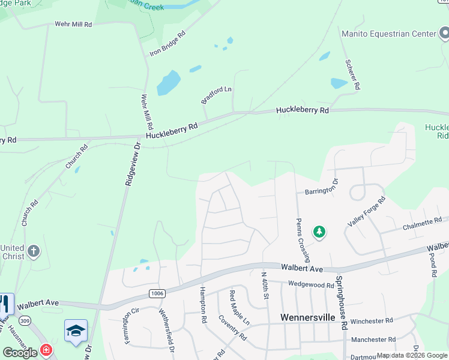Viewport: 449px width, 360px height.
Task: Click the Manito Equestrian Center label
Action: click(x=388, y=34)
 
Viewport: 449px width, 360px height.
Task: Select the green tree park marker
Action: click(x=319, y=232)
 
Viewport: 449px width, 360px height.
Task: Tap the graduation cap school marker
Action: click(x=76, y=331)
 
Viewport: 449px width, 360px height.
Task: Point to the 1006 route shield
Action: click(x=157, y=293)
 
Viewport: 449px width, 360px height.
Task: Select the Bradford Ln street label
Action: click(x=216, y=95)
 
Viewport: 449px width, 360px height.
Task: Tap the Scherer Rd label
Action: click(x=352, y=74)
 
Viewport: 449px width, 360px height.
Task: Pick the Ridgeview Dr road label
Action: click(x=132, y=164)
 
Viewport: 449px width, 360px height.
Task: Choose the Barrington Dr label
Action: click(x=318, y=191)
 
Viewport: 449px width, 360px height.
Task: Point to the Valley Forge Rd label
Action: click(x=365, y=211)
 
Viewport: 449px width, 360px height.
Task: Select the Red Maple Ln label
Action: click(x=239, y=308)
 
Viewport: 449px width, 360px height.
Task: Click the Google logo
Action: click(x=20, y=352)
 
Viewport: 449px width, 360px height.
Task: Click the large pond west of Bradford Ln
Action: click(x=169, y=83)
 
